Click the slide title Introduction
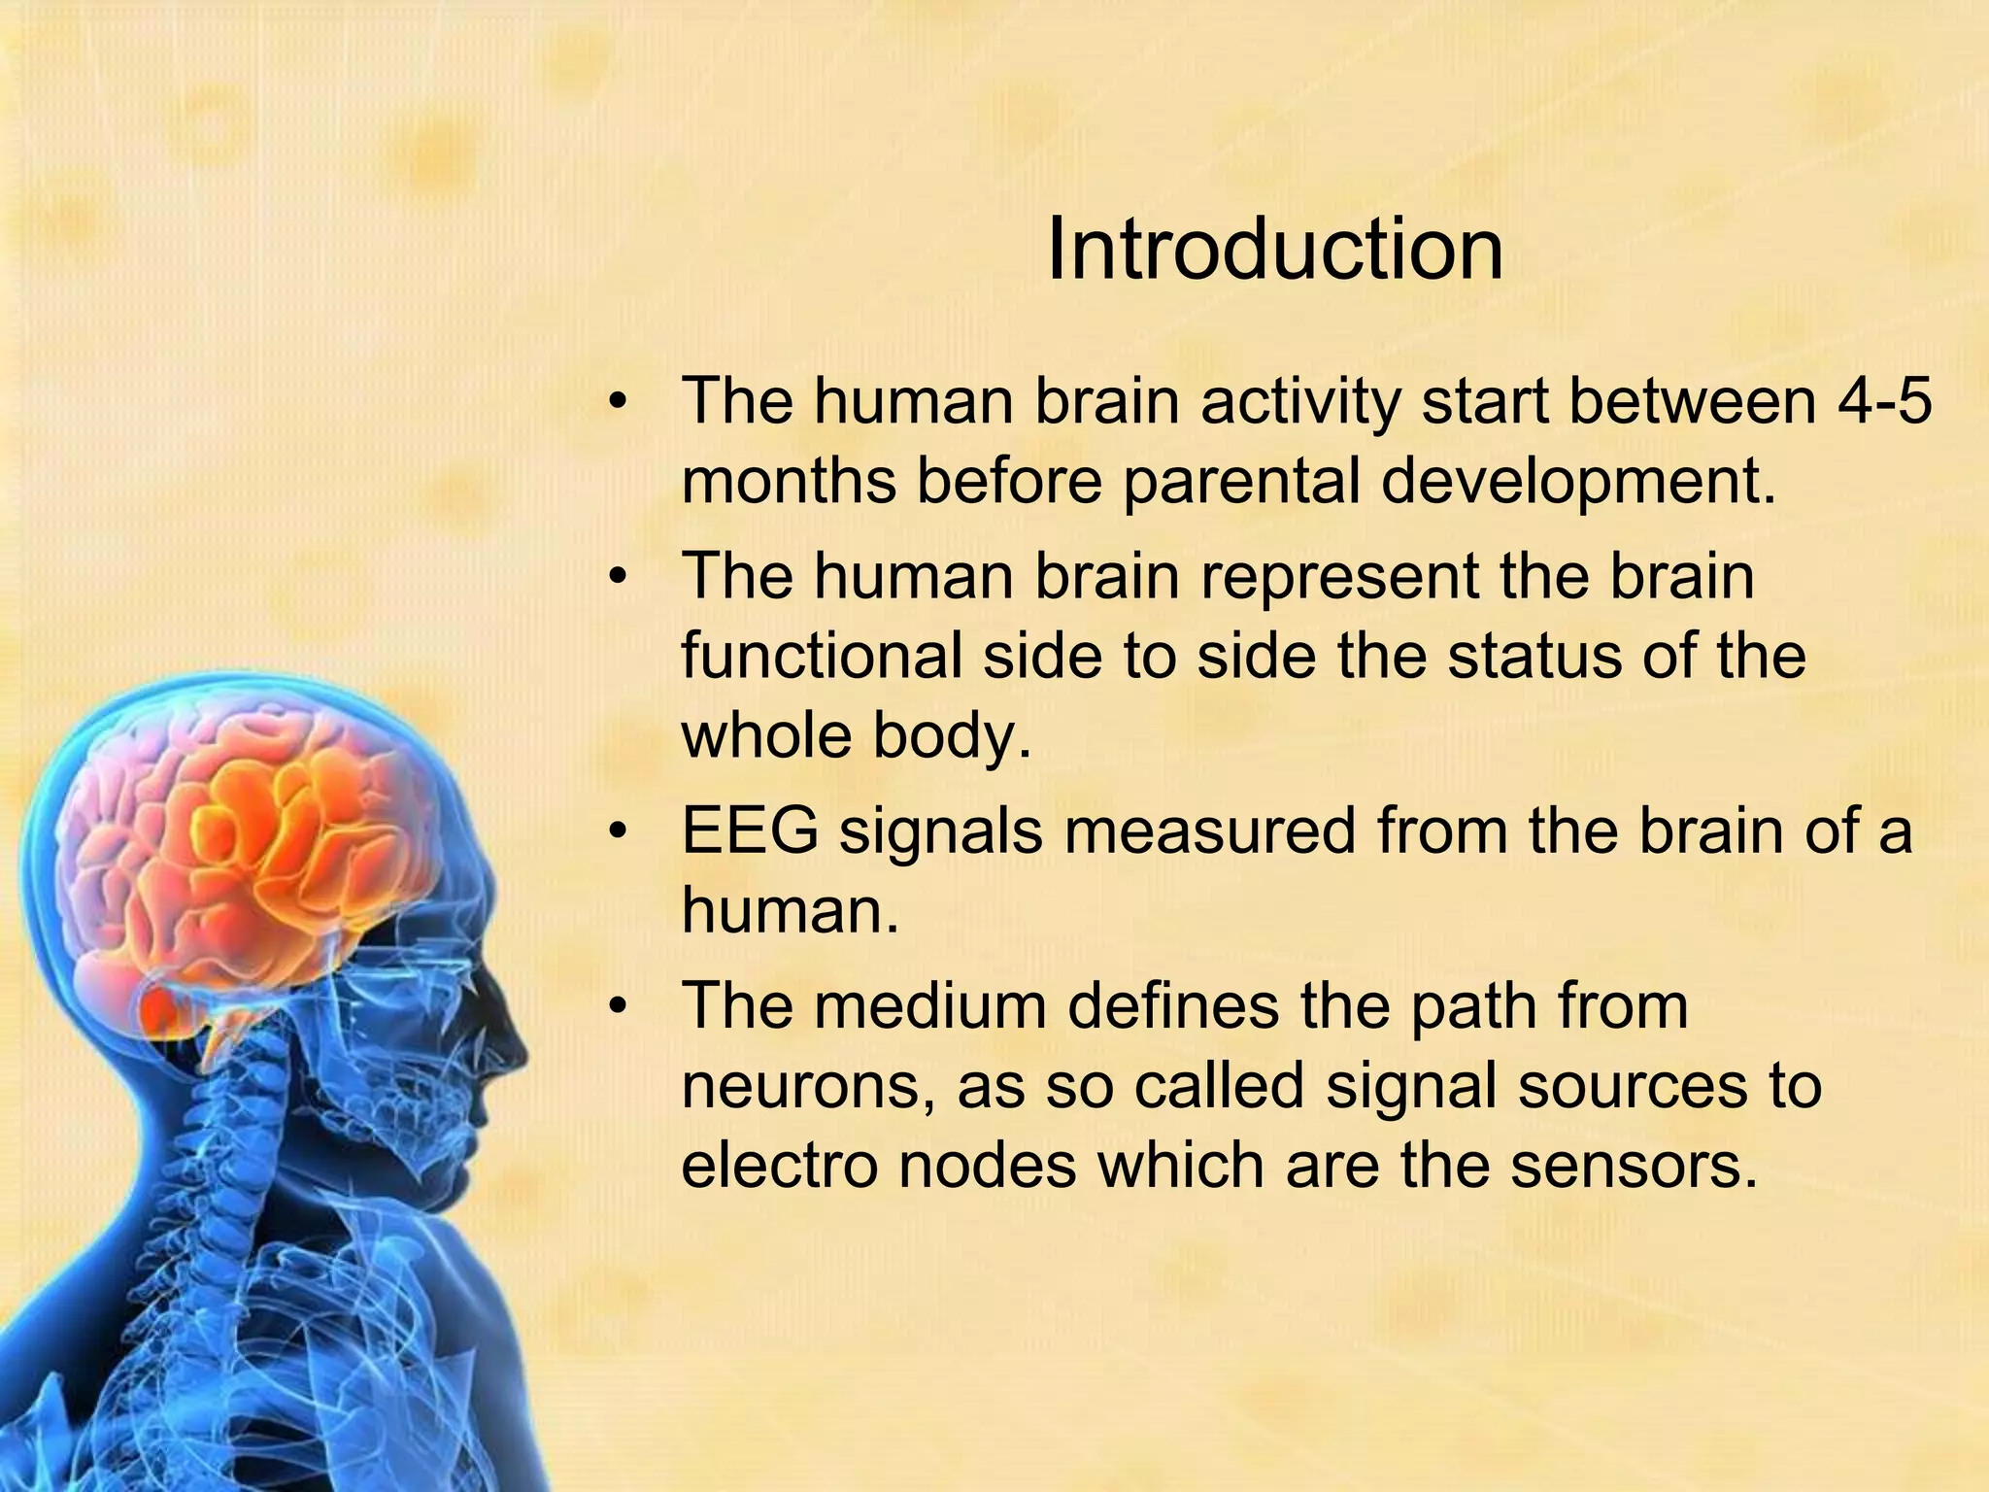point(1274,251)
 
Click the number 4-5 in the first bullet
point(1883,401)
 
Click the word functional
point(821,656)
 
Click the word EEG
point(750,831)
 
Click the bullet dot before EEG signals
point(619,832)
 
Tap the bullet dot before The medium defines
point(619,1007)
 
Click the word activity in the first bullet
point(1300,401)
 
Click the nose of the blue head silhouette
point(520,1049)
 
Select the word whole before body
point(767,735)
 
